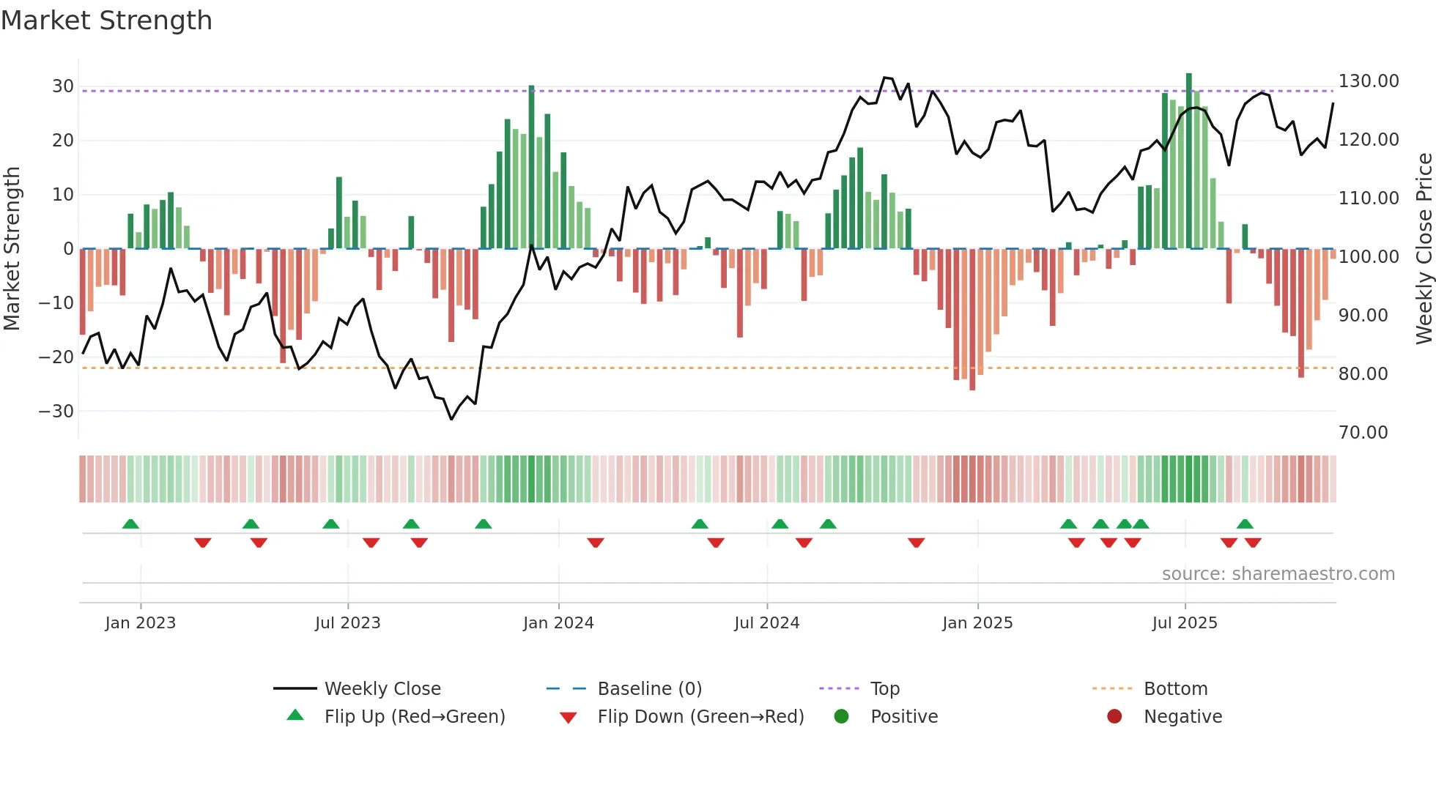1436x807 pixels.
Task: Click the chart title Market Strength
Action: [x=106, y=21]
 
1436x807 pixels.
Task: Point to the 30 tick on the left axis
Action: [x=63, y=86]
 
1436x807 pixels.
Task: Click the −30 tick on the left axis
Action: [x=57, y=412]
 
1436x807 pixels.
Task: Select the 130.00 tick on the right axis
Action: [x=1368, y=81]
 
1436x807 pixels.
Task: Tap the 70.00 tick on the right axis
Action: [x=1363, y=433]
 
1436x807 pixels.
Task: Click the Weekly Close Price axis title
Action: [x=1424, y=249]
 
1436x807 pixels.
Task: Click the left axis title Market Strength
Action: [x=12, y=249]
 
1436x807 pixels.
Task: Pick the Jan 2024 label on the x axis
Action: [x=558, y=623]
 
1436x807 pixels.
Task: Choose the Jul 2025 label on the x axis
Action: [x=1184, y=623]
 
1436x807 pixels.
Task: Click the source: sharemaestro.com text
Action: [x=1278, y=574]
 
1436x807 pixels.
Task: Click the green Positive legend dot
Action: [x=841, y=717]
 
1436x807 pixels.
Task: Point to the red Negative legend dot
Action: [x=1114, y=717]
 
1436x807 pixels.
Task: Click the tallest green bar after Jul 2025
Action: [x=1189, y=161]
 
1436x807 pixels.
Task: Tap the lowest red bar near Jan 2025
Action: [x=972, y=319]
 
